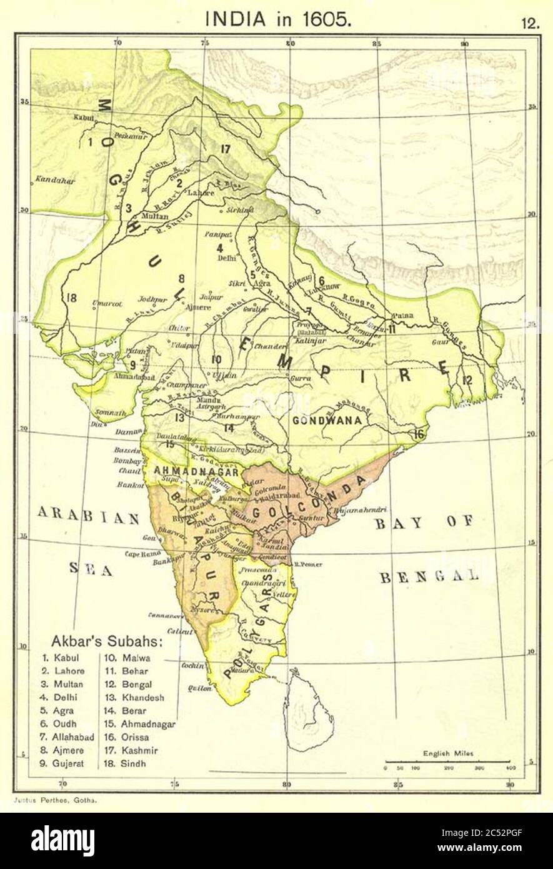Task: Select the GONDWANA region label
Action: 327,421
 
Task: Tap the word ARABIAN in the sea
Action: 88,516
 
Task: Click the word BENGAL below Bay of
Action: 429,577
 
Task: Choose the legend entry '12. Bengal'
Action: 129,685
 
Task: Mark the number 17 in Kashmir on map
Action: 226,148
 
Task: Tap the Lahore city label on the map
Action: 201,193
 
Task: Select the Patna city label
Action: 403,316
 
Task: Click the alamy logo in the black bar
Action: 62,840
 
